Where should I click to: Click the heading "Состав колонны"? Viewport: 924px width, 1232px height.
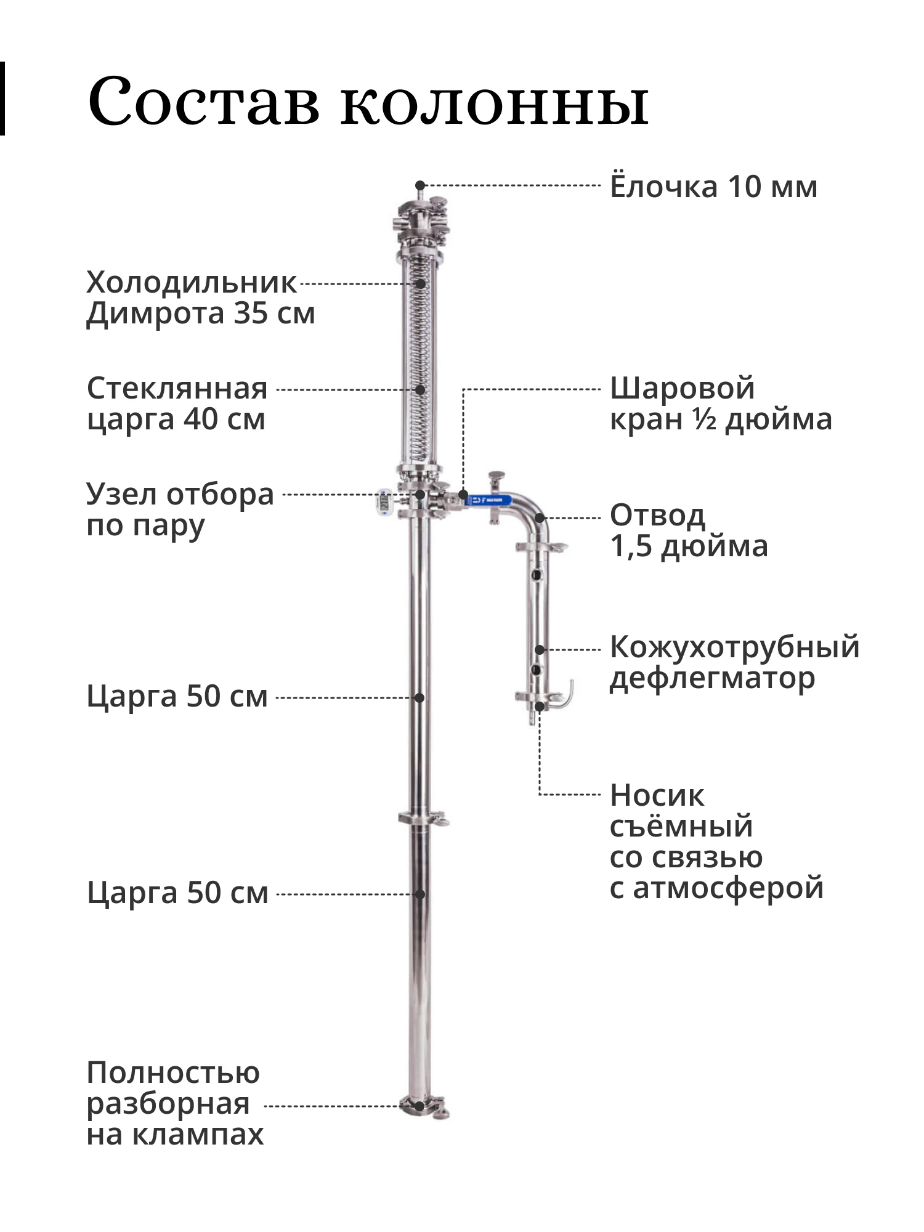(x=368, y=100)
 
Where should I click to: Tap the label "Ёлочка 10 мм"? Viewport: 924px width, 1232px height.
(x=713, y=187)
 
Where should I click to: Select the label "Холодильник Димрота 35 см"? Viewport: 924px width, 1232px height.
(x=200, y=298)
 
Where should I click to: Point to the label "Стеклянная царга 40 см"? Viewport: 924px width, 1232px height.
(x=177, y=404)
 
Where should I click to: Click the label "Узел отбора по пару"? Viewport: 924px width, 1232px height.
(x=179, y=510)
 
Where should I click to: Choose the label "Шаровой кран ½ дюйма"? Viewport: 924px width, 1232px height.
(x=720, y=404)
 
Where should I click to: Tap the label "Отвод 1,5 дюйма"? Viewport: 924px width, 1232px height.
(x=689, y=530)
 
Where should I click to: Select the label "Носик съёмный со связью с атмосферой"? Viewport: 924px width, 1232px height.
(x=716, y=841)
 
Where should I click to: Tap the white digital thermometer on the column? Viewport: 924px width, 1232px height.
(x=383, y=501)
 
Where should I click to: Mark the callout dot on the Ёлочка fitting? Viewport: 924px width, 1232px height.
(x=419, y=185)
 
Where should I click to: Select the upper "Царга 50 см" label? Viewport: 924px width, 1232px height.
(x=177, y=697)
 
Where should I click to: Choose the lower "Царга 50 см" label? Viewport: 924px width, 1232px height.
(x=177, y=893)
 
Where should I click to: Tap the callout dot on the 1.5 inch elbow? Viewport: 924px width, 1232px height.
(x=540, y=518)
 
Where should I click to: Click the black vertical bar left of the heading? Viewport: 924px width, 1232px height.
(x=2, y=99)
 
